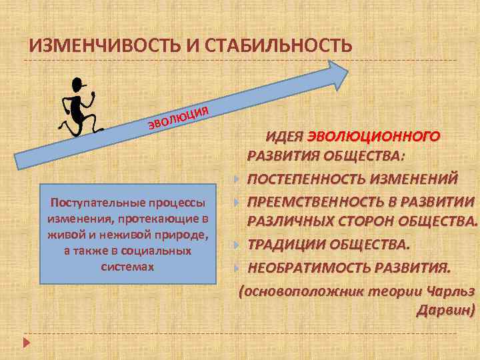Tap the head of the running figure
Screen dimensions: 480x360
coord(79,85)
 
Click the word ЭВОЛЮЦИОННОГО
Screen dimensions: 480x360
coord(373,137)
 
